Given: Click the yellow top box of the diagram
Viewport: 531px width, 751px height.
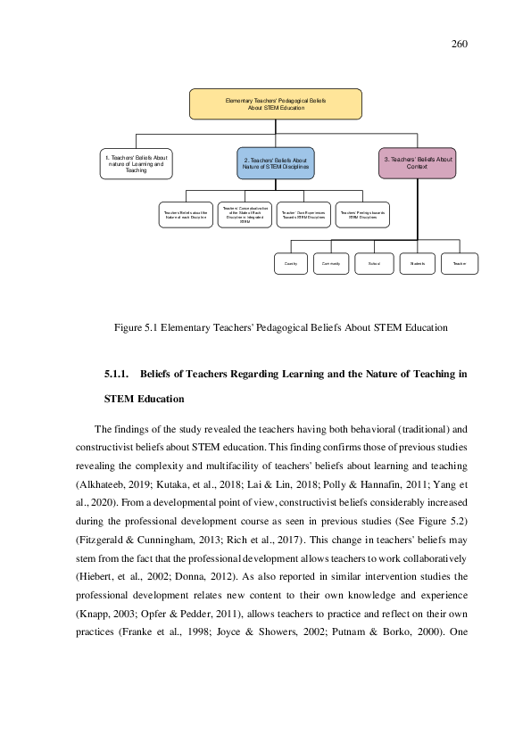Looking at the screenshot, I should click(275, 103).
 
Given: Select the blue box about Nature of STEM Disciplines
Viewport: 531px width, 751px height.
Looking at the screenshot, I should click(275, 163).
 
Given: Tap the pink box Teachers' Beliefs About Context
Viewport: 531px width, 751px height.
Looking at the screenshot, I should click(417, 162).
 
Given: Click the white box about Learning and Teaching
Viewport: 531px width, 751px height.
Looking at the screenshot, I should click(136, 163).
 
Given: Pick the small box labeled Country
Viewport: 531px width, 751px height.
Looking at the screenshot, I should click(290, 264).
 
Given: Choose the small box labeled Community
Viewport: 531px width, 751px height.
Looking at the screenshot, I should click(331, 264).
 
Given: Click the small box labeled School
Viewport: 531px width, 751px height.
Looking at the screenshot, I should click(373, 264).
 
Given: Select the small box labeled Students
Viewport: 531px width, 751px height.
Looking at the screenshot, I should click(417, 264).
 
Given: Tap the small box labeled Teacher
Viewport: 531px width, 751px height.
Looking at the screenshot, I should click(460, 264).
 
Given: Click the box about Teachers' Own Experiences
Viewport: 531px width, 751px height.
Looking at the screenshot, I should click(303, 215).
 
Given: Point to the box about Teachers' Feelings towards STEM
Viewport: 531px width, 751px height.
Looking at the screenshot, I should click(362, 215).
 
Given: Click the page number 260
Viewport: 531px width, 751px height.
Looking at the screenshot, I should click(459, 44).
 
